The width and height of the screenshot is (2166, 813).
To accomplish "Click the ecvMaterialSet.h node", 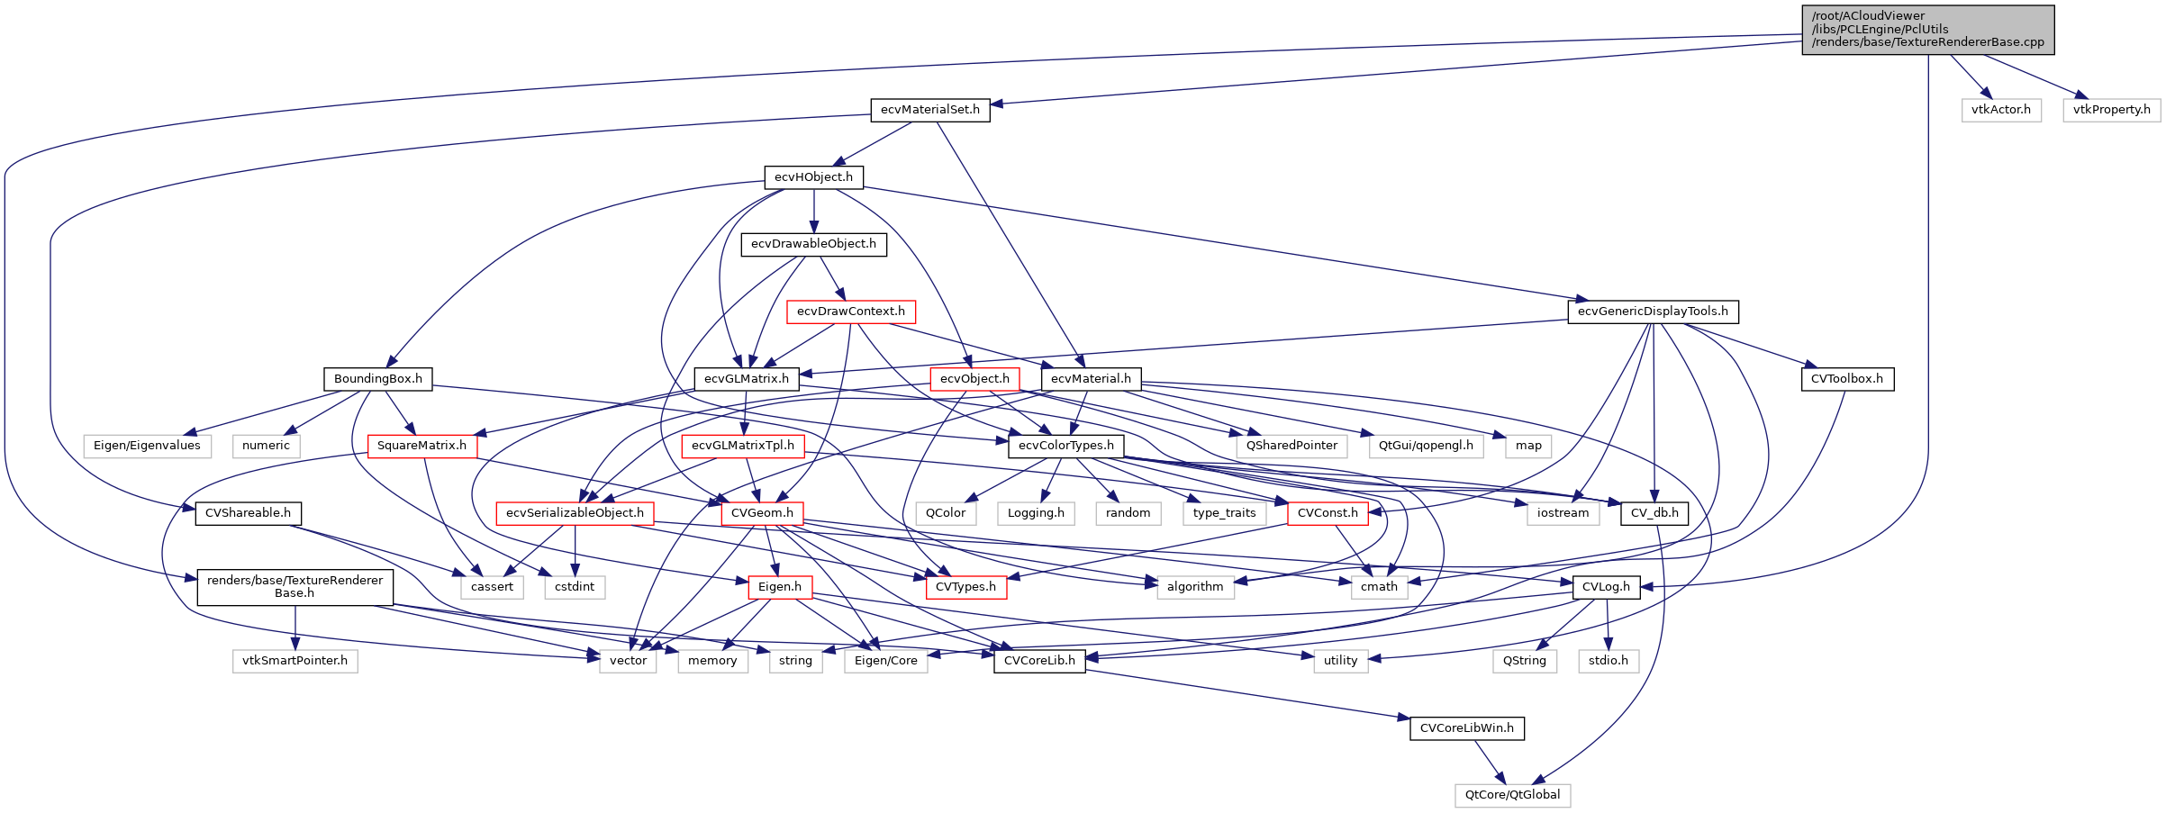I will [x=929, y=110].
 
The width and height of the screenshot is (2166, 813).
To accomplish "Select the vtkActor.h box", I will [x=2000, y=110].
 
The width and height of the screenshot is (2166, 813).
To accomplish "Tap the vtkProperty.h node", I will [x=2111, y=110].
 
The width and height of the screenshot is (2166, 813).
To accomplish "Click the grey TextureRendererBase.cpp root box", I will [x=1927, y=30].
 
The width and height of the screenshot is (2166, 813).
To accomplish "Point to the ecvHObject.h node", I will [x=813, y=177].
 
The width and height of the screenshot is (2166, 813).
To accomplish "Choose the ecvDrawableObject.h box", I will [x=813, y=244].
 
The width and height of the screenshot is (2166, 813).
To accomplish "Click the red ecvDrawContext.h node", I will [x=850, y=312].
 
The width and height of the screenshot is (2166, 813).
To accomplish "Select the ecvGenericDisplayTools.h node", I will [x=1653, y=312].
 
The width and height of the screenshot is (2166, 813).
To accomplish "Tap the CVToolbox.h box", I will [x=1846, y=379].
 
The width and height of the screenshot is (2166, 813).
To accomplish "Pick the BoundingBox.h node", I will [x=377, y=379].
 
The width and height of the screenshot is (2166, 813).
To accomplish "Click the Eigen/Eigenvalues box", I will [x=147, y=446].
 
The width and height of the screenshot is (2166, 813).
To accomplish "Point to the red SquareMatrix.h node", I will [x=421, y=446].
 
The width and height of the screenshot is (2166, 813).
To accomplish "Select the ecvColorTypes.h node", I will [x=1065, y=446].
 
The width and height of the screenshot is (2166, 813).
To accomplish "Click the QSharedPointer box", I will [x=1291, y=446].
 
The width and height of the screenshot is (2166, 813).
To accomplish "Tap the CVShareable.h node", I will [x=248, y=513].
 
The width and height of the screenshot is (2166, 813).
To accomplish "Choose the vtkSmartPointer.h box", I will [x=295, y=661].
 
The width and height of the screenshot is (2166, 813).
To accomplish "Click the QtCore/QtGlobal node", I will [x=1512, y=795].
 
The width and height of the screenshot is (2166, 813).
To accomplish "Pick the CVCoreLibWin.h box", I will [x=1466, y=728].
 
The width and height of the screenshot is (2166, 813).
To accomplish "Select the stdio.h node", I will [x=1608, y=661].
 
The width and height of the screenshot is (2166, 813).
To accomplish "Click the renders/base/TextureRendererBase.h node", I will [x=295, y=587].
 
